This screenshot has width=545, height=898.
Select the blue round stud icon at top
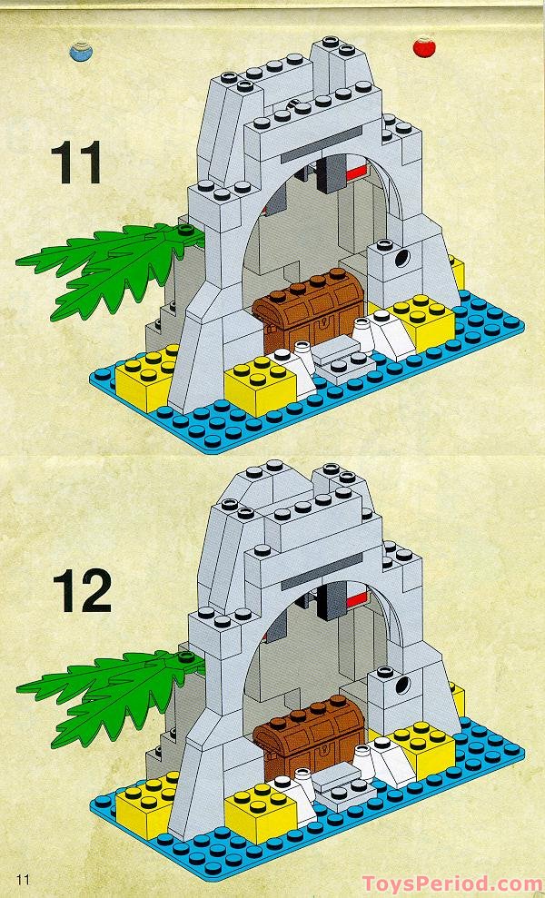click(80, 50)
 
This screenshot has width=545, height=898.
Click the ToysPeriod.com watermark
click(452, 882)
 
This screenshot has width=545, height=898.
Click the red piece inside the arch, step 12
click(353, 597)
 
